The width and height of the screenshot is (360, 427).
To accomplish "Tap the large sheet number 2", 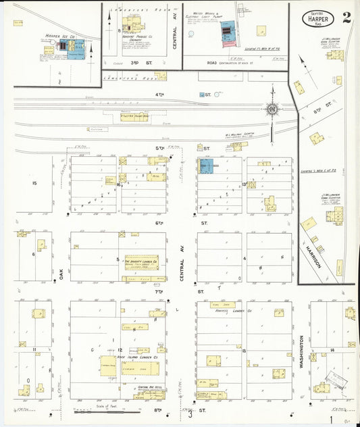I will point(346,18).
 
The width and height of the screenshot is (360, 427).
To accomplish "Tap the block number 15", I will point(34,183).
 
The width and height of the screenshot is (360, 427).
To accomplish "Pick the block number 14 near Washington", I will point(334,350).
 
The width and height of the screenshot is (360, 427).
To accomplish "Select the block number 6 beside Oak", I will point(33,254).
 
